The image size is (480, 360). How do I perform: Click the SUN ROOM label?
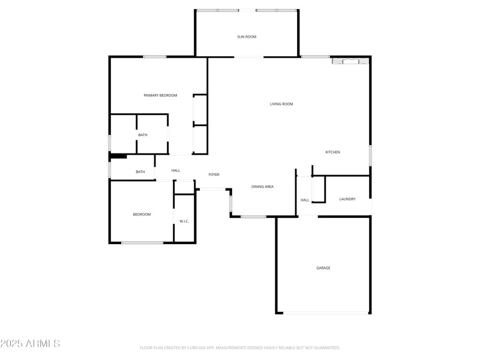(x=247, y=37)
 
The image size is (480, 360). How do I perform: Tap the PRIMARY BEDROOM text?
(x=160, y=95)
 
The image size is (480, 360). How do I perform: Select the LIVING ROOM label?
(x=281, y=104)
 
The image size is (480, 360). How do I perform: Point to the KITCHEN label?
(x=332, y=152)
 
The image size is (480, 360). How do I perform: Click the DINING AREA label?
(x=262, y=187)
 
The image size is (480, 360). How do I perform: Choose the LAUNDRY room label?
(x=347, y=199)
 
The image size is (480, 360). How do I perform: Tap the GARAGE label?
(x=323, y=268)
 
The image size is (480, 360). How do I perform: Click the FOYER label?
(x=214, y=175)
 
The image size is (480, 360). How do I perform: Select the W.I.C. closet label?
(x=184, y=221)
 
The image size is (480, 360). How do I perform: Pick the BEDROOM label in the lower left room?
(x=142, y=214)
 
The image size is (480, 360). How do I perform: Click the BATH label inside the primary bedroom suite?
(x=143, y=135)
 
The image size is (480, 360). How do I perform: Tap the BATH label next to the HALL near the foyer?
(x=140, y=172)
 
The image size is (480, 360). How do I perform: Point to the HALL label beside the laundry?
(x=305, y=200)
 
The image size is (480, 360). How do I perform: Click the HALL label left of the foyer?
(x=176, y=171)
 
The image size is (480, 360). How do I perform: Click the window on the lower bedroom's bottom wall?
(x=142, y=242)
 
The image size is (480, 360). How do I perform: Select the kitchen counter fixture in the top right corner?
(x=349, y=61)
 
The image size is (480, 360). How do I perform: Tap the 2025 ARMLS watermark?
(x=30, y=344)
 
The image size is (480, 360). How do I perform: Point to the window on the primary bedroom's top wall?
(x=154, y=57)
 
